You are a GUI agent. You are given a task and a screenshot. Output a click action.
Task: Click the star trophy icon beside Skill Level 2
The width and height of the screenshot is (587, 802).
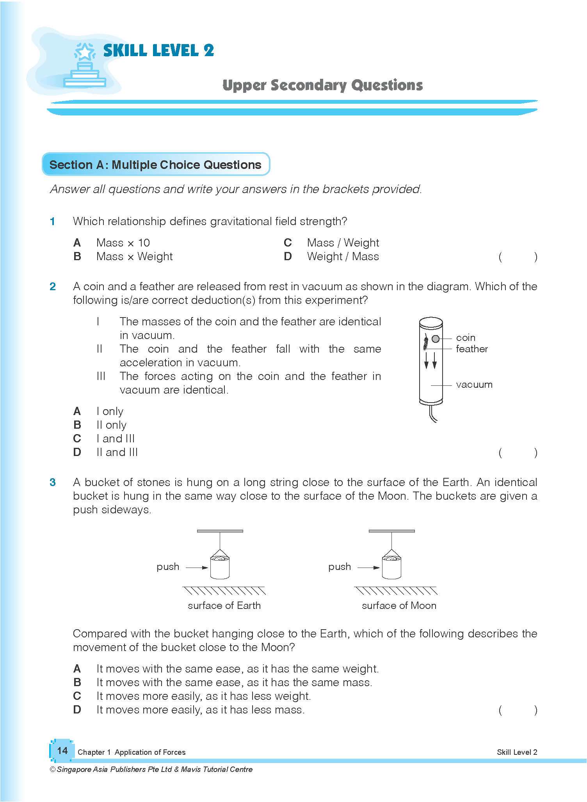[x=85, y=65]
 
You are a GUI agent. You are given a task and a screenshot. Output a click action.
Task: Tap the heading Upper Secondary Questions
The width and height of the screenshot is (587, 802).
[x=322, y=85]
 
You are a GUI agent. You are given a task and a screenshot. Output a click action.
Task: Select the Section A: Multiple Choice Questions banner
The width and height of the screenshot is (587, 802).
[x=155, y=164]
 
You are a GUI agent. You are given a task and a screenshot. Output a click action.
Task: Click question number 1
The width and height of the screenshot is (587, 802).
[x=52, y=222]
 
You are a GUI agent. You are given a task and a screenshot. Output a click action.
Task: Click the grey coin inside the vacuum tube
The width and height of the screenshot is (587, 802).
[x=436, y=339]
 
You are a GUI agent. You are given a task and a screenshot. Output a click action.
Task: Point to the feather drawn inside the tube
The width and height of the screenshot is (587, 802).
[x=426, y=343]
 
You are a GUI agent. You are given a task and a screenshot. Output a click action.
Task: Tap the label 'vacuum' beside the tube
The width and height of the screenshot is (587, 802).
[x=474, y=385]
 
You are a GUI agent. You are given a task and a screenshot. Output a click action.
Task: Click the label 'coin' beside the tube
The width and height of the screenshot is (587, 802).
[x=465, y=337]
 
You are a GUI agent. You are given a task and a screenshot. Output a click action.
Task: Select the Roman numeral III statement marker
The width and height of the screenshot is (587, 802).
[x=101, y=376]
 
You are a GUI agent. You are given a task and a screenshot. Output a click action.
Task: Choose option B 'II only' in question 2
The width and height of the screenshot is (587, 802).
[x=111, y=425]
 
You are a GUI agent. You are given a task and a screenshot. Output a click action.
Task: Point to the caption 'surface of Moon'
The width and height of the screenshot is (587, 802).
[x=399, y=605]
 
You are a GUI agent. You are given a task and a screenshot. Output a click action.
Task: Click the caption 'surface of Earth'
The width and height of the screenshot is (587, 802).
[x=224, y=605]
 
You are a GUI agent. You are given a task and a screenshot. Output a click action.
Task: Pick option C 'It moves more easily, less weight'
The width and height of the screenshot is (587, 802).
[x=203, y=696]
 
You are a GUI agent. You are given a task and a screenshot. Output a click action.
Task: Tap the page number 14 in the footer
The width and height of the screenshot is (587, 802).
[x=62, y=751]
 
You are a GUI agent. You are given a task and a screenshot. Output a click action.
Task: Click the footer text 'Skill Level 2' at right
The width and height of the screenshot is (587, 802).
[x=517, y=752]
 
